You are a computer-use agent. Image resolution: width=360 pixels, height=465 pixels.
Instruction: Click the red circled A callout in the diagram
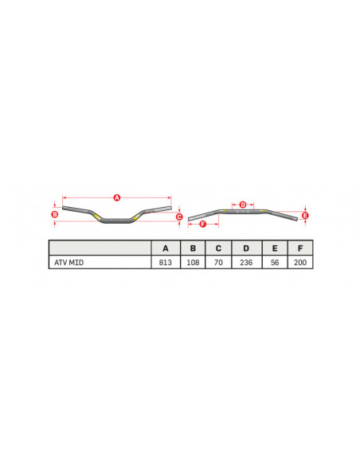point(116,197)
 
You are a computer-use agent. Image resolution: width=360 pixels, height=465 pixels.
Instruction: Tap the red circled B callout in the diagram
point(54,214)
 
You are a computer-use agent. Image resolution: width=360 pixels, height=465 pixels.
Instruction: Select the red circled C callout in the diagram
point(179,217)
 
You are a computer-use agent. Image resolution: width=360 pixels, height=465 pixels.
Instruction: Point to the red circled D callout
point(243,205)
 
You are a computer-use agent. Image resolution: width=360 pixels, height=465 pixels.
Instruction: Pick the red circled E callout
point(306,216)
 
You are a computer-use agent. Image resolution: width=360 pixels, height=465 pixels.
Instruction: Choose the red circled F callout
point(202,225)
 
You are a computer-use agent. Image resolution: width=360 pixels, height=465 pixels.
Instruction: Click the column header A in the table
point(166,248)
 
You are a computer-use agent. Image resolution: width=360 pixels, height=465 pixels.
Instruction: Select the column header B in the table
point(193,248)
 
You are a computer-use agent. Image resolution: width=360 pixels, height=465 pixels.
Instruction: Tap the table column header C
point(218,248)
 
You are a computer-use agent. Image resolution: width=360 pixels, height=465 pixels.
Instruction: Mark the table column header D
point(246,248)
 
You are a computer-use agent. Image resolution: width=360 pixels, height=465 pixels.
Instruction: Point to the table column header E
point(274,248)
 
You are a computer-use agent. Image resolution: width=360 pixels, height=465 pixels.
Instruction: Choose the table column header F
point(299,248)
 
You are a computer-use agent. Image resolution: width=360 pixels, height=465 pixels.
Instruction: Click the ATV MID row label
point(67,262)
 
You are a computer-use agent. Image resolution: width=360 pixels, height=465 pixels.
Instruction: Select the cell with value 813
point(166,262)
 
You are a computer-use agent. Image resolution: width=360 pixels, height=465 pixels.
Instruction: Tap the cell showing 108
point(193,262)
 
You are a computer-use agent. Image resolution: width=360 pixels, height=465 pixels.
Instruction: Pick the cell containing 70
point(218,262)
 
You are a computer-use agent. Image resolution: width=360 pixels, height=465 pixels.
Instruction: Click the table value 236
point(246,262)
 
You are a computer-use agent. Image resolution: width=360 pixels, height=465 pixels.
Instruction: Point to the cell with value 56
point(274,262)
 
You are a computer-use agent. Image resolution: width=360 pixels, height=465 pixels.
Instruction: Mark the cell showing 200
point(299,262)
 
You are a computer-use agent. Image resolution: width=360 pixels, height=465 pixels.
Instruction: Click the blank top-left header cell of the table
point(100,248)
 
